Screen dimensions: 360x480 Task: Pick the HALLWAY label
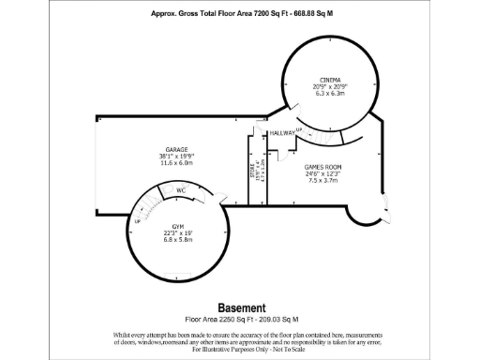coord(282,133)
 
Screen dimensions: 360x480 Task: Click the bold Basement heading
coord(242,307)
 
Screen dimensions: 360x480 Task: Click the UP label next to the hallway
coord(299,129)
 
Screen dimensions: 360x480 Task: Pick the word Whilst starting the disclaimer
coord(124,334)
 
